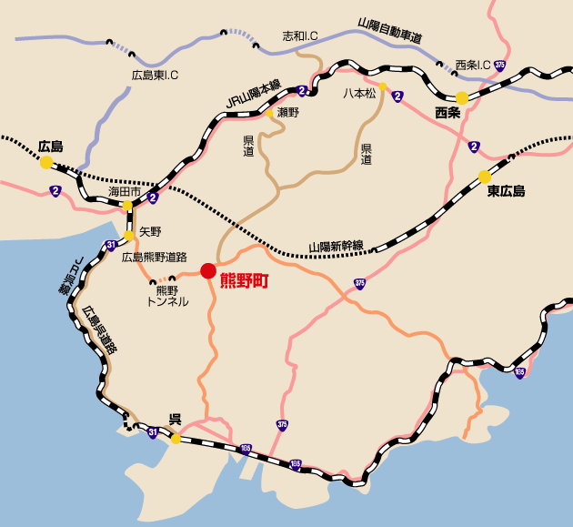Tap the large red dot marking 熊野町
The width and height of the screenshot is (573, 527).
208,270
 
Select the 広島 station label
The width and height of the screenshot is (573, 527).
50,146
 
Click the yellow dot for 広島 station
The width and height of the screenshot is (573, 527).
45,162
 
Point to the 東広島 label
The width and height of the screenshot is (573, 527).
506,191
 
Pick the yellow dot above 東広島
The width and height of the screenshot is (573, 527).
485,177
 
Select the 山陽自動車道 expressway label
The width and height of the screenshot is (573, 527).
390,32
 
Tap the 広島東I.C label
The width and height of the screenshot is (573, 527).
155,76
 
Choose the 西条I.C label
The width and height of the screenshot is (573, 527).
472,66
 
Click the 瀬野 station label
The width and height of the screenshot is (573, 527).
287,113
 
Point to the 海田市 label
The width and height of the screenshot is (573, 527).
125,192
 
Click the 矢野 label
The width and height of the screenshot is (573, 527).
150,232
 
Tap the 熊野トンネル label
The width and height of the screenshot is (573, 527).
167,296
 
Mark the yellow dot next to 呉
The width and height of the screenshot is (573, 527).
175,438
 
